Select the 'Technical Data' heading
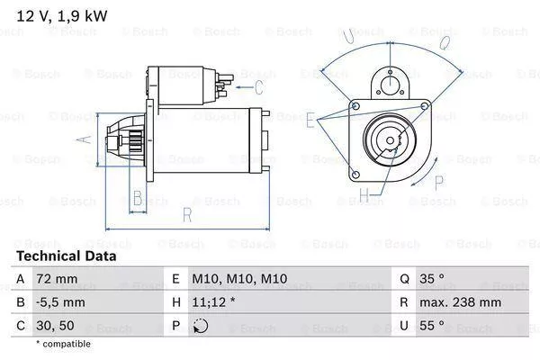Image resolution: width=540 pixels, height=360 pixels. [66, 256]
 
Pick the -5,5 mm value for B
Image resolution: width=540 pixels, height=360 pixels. [61, 303]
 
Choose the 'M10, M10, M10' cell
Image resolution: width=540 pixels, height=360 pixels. [240, 280]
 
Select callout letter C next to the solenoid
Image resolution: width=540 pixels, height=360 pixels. [258, 87]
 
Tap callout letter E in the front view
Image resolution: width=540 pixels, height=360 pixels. [310, 119]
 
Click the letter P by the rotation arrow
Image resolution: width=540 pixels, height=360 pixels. [439, 182]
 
